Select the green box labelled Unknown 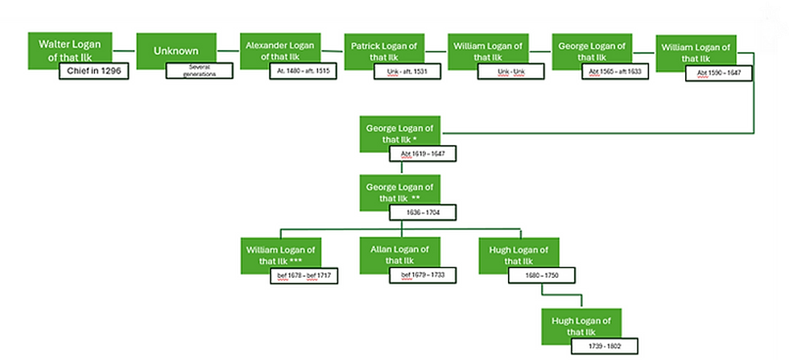176,51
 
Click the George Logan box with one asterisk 400,132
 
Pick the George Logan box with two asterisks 400,191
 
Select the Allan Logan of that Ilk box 400,254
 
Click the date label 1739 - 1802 605,346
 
